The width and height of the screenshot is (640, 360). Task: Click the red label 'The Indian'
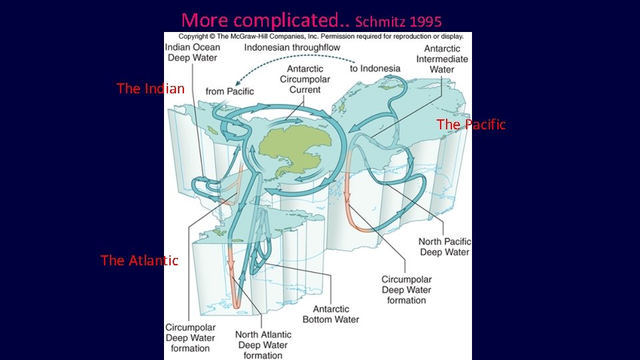150,88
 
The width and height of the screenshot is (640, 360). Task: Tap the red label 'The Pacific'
471,125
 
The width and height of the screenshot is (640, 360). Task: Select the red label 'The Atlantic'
139,261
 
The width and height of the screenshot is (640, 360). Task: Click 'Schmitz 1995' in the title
398,21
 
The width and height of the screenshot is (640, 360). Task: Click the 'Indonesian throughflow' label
292,47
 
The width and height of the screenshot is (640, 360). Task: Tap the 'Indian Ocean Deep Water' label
192,53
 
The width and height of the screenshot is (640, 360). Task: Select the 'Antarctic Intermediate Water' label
442,59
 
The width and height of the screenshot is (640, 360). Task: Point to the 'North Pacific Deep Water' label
444,247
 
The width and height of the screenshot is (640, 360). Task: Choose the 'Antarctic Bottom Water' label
331,314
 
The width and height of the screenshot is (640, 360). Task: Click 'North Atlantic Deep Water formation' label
263,345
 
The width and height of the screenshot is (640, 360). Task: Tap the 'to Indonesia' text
375,68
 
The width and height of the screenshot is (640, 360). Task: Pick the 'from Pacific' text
229,91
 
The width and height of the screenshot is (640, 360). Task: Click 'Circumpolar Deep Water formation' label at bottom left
190,338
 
